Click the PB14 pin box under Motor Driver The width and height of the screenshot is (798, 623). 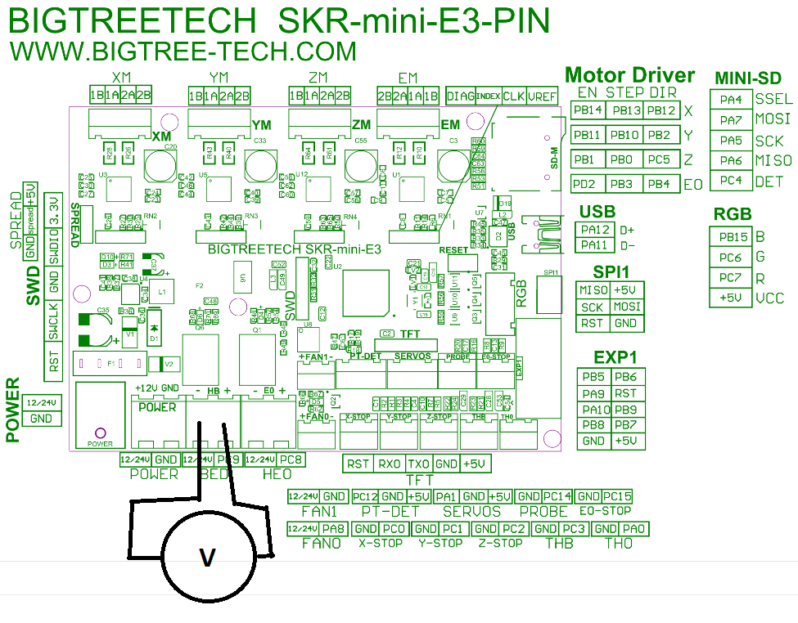(x=588, y=110)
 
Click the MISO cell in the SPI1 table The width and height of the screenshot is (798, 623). (x=593, y=290)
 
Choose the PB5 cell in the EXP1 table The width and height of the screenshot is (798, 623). (x=594, y=377)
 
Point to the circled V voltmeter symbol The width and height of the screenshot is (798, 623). (x=208, y=558)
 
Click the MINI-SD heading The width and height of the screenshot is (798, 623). (x=747, y=78)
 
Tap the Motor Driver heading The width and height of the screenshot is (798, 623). (x=629, y=75)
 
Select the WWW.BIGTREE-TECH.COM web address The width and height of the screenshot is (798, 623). (x=183, y=51)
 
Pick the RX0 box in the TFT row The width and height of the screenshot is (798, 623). (x=390, y=464)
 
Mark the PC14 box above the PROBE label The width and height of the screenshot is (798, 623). (x=557, y=496)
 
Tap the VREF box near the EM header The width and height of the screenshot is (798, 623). (x=542, y=95)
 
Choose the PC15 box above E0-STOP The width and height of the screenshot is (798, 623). (x=617, y=496)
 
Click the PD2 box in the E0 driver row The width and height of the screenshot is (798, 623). (x=588, y=184)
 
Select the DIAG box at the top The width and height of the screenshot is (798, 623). (x=460, y=95)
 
